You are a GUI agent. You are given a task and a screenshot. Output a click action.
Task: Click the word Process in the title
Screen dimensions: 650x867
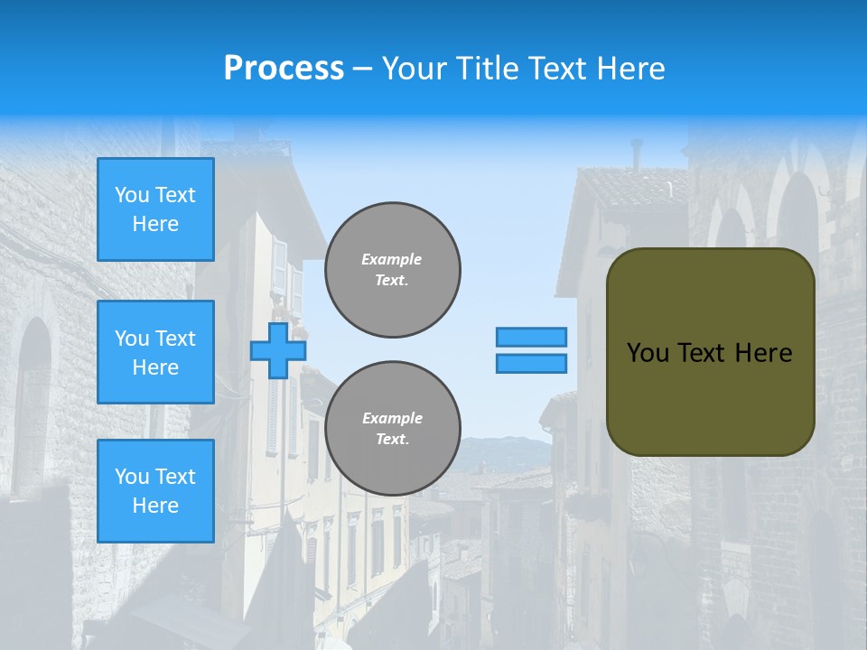click(x=284, y=68)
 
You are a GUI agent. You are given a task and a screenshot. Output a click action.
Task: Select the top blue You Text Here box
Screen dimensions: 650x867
click(x=155, y=209)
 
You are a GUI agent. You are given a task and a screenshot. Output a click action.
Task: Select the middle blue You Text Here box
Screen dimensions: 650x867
click(x=155, y=352)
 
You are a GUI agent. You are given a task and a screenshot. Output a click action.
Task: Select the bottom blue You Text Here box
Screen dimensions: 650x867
click(x=155, y=491)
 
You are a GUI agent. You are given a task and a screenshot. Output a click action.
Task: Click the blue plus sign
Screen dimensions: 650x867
click(x=278, y=350)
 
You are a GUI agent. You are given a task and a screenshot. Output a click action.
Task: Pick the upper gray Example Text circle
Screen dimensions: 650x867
click(x=393, y=270)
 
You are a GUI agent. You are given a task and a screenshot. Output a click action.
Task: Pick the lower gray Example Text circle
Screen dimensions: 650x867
click(x=393, y=429)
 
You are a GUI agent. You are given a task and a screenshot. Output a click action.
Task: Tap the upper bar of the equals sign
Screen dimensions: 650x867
click(x=532, y=337)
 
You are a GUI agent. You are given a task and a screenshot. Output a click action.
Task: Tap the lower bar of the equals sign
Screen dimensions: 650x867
click(x=532, y=364)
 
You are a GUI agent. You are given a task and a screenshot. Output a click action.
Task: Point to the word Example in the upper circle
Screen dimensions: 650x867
click(x=392, y=259)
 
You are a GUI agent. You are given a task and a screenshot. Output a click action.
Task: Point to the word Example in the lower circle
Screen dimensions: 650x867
click(x=392, y=418)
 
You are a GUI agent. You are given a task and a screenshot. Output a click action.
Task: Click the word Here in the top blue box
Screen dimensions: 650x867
click(x=155, y=224)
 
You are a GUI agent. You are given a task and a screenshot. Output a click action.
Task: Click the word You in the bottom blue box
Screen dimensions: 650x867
click(x=132, y=477)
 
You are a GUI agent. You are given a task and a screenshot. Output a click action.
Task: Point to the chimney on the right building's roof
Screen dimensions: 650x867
click(x=637, y=153)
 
